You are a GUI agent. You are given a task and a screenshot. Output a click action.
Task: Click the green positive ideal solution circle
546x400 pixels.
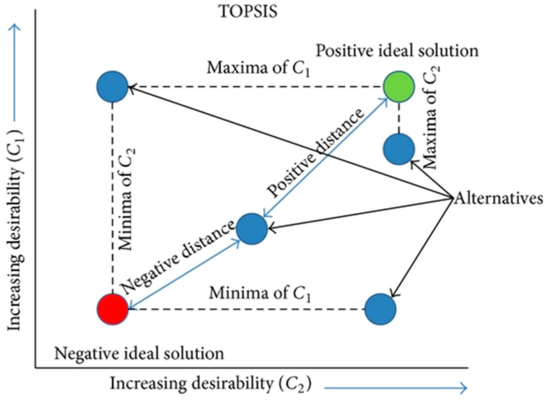[399, 86]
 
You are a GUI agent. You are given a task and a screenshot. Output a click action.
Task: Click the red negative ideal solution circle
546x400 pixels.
[113, 309]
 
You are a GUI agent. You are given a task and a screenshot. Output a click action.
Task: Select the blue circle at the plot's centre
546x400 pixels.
[252, 229]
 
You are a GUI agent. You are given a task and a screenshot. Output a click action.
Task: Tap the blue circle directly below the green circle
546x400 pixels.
[399, 149]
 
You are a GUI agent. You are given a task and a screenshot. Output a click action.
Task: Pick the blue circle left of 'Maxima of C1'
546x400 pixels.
[112, 86]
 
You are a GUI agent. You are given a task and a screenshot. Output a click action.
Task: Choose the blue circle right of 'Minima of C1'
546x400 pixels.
[380, 309]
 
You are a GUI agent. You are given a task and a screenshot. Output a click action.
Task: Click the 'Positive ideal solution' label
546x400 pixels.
[397, 51]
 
